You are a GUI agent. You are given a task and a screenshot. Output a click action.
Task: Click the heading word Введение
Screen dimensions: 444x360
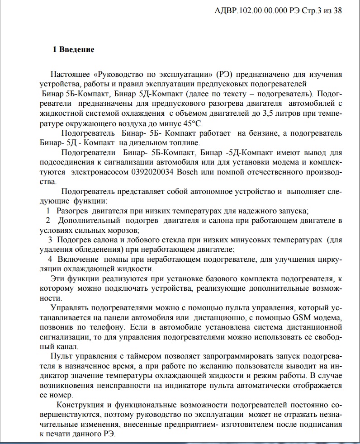tap(78, 50)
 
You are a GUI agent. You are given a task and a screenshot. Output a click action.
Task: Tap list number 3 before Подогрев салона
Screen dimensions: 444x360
tap(50, 240)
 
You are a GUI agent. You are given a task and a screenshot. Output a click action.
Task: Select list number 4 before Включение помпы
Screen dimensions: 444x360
tap(50, 260)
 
